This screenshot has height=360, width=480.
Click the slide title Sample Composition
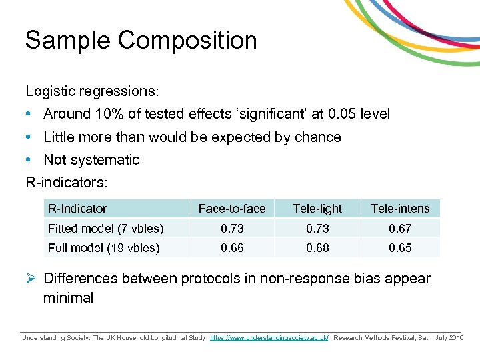pyautogui.click(x=141, y=41)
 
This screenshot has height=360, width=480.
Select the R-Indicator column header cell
pyautogui.click(x=77, y=209)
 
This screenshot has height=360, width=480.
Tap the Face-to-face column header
pyautogui.click(x=232, y=209)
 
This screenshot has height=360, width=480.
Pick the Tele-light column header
pyautogui.click(x=317, y=209)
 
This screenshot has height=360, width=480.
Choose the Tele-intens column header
pyautogui.click(x=400, y=209)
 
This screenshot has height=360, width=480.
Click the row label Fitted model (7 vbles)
pyautogui.click(x=105, y=229)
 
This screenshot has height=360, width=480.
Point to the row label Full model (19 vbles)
pyautogui.click(x=103, y=248)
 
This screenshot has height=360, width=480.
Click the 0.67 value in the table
pyautogui.click(x=400, y=229)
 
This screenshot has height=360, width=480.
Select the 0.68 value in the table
pyautogui.click(x=317, y=248)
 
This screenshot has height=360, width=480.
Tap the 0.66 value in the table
pyautogui.click(x=232, y=248)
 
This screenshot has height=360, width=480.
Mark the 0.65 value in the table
pyautogui.click(x=400, y=248)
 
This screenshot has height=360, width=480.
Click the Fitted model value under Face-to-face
pyautogui.click(x=232, y=229)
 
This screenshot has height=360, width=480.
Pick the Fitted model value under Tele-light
pyautogui.click(x=317, y=229)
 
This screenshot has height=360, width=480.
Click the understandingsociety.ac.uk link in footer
pyautogui.click(x=269, y=338)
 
